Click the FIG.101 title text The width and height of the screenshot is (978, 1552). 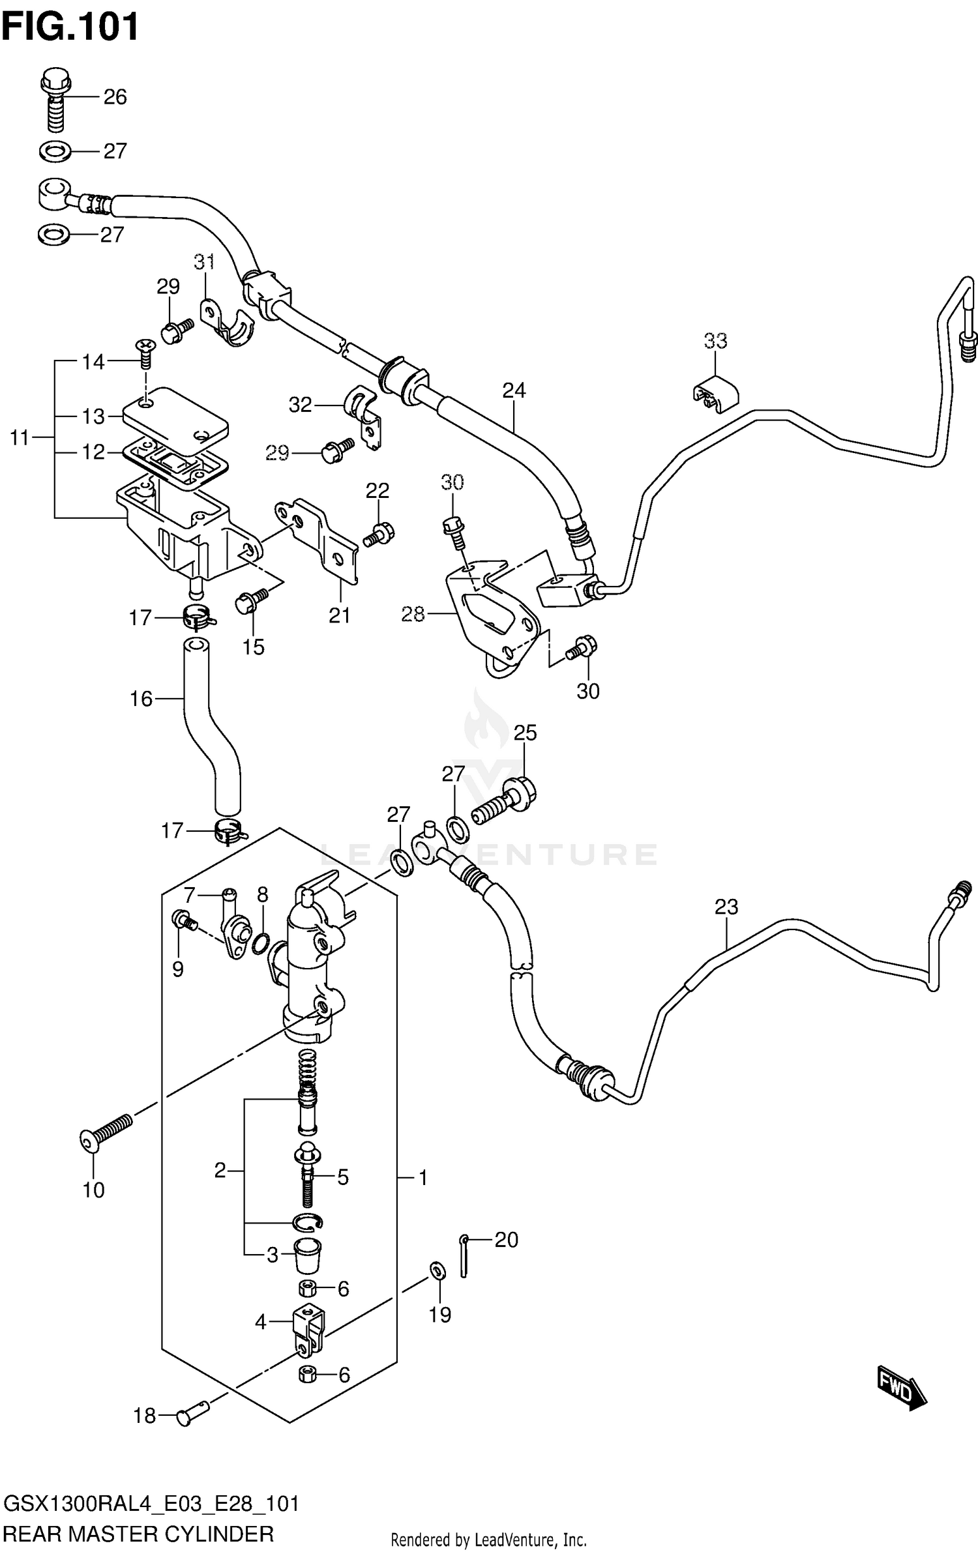pos(70,27)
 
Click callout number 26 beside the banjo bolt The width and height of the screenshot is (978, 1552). pos(115,97)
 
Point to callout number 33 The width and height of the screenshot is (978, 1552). pos(715,341)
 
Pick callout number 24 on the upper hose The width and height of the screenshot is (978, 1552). pos(514,390)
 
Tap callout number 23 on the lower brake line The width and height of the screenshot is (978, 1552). pos(726,907)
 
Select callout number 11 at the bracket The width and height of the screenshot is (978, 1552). pos(20,438)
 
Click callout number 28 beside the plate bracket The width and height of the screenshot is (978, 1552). pos(413,614)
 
